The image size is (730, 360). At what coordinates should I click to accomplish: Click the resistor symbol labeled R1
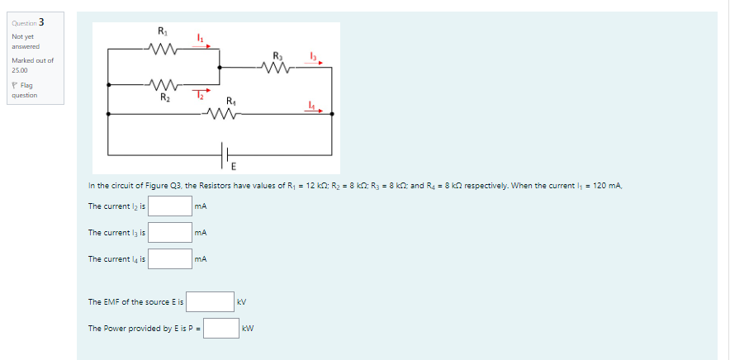[x=162, y=48]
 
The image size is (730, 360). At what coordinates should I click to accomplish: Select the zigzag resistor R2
[x=163, y=83]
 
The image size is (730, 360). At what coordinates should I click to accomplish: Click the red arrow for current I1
[x=201, y=45]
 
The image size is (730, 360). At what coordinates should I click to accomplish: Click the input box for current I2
[x=171, y=206]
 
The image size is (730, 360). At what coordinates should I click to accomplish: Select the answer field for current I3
[x=171, y=233]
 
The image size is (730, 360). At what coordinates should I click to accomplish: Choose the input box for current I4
[x=171, y=259]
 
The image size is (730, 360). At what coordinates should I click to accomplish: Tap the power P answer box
[x=222, y=329]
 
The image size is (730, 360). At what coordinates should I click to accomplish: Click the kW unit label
[x=248, y=329]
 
